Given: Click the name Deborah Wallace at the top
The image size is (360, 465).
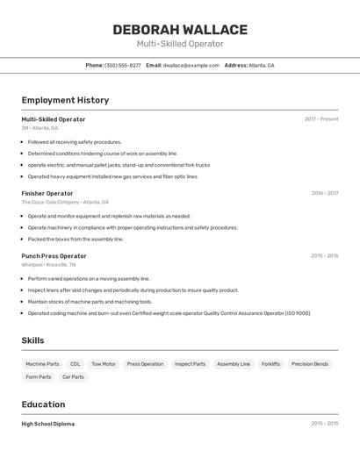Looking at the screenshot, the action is [180, 30].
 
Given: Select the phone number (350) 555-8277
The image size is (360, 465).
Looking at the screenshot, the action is [123, 65].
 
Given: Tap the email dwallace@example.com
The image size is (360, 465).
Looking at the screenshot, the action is [191, 65].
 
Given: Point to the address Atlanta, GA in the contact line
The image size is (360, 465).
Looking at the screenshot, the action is [261, 65].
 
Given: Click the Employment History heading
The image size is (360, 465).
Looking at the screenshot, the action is [65, 100].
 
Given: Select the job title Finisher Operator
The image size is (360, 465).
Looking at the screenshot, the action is [47, 193].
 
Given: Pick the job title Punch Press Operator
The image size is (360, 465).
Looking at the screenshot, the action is [54, 255].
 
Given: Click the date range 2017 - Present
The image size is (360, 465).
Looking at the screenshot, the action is [321, 118].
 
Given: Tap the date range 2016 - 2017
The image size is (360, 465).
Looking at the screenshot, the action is [324, 193].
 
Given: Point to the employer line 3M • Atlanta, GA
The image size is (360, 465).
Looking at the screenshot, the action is [40, 128].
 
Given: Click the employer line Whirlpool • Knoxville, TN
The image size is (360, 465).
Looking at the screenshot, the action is [48, 264].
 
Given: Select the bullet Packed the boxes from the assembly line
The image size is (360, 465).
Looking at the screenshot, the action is [76, 239].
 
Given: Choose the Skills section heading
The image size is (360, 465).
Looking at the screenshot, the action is [32, 340].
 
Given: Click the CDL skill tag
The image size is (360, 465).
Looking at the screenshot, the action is [76, 363].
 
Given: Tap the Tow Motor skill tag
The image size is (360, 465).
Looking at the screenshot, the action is [104, 363].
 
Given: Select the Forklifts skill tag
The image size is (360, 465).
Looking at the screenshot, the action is [270, 363].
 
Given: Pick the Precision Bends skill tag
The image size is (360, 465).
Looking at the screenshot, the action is [310, 363].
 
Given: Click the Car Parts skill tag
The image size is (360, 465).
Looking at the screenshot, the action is [73, 376].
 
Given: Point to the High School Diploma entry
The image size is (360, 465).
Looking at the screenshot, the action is [48, 424].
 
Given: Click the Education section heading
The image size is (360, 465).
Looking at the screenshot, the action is [43, 404].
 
